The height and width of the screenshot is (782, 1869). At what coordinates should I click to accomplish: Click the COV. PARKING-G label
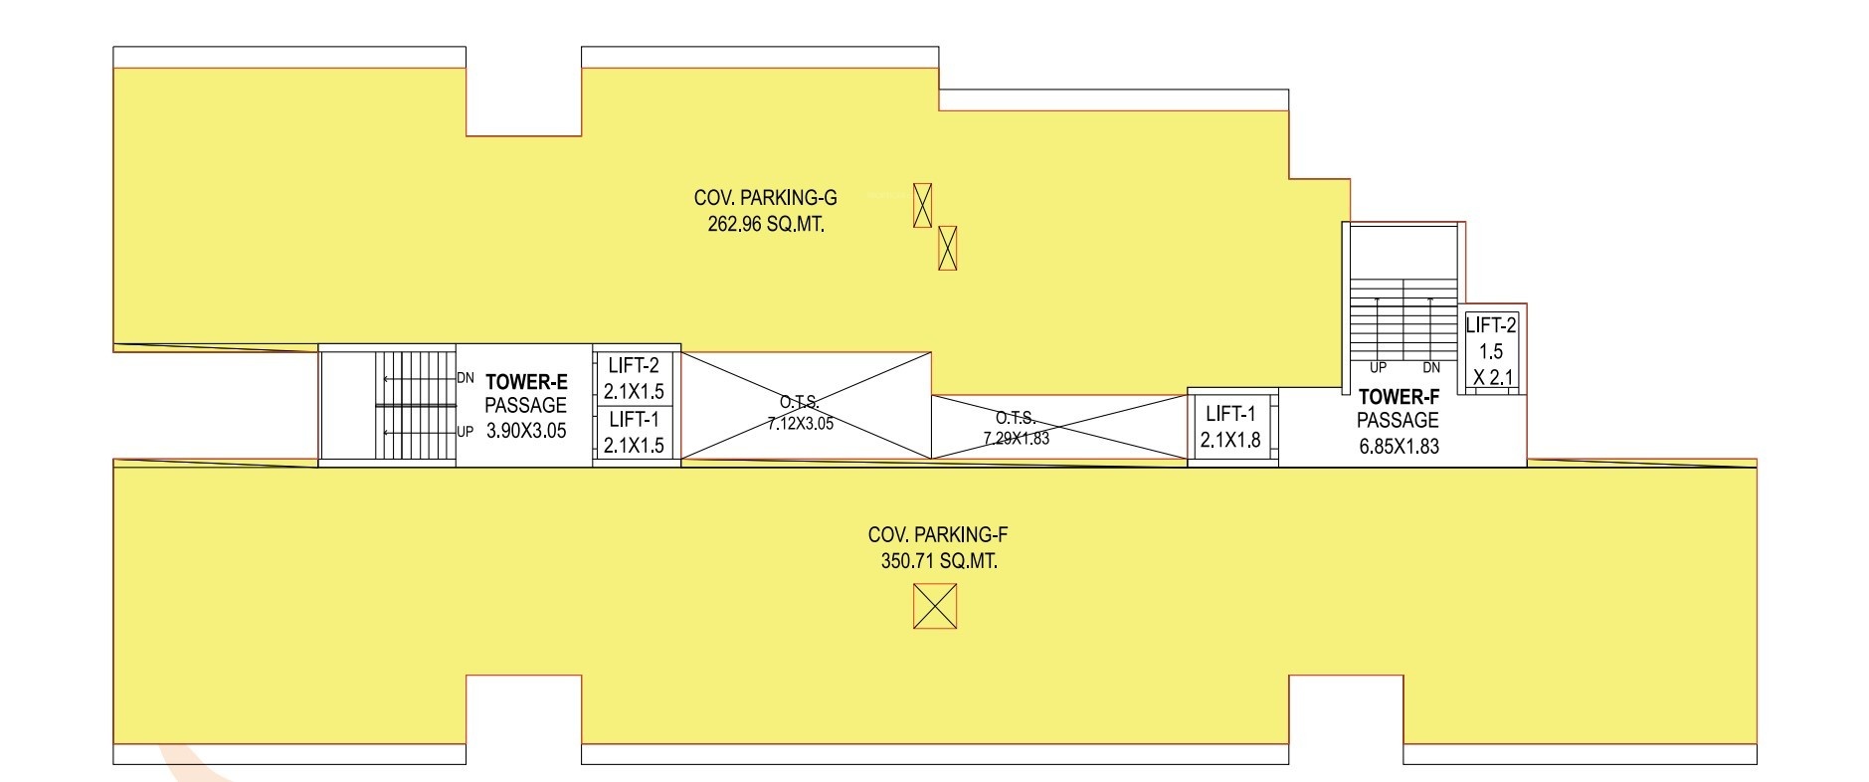click(765, 199)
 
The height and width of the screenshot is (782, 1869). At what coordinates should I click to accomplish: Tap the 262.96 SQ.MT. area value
click(766, 225)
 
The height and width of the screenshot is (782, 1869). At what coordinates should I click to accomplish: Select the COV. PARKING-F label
click(938, 535)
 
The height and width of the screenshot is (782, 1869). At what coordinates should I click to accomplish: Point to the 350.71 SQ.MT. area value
click(939, 561)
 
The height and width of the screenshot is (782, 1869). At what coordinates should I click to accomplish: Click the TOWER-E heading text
click(526, 380)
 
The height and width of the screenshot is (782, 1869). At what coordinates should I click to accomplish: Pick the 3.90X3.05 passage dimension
click(526, 431)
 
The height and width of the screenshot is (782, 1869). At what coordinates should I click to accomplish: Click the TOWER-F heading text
click(1399, 396)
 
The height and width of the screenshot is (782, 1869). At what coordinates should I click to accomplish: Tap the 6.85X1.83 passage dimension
click(1399, 447)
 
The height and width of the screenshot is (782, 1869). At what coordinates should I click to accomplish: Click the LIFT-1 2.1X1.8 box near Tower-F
click(1231, 427)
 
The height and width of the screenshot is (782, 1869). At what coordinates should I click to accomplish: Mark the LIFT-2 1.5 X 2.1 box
click(1491, 350)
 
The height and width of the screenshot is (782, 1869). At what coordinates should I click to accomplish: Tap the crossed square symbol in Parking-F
click(935, 606)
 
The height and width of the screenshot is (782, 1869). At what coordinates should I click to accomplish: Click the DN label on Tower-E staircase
click(466, 378)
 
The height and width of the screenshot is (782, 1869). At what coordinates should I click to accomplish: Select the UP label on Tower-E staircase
click(466, 432)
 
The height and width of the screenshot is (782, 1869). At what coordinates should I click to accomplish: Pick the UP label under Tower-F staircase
click(1378, 367)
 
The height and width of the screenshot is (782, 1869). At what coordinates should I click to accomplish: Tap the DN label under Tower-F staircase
click(1431, 367)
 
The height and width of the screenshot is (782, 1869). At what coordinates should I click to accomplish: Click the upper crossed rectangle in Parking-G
click(923, 205)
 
